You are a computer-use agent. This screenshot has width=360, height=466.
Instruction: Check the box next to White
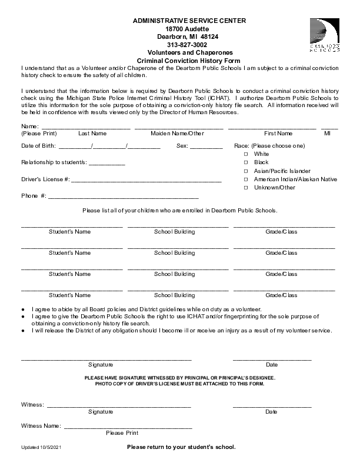(x=246, y=154)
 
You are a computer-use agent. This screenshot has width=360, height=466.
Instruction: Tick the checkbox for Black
(x=246, y=162)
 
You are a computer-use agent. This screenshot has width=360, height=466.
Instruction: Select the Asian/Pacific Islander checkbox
(x=246, y=171)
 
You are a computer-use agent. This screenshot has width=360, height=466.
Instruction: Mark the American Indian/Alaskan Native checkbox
(x=246, y=179)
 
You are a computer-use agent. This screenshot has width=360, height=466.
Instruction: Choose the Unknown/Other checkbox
(x=246, y=188)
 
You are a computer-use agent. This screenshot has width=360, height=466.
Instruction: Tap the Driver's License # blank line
(x=146, y=180)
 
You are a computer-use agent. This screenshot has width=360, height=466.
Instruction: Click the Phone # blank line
(x=124, y=197)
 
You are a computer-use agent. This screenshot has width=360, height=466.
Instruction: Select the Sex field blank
(x=206, y=147)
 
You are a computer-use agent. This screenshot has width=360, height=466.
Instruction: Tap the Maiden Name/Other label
(x=177, y=134)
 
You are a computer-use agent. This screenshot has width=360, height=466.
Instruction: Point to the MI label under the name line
(x=328, y=134)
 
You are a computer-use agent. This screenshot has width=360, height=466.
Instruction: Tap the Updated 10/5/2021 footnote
(x=41, y=448)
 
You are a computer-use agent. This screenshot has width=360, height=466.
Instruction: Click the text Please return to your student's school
(x=181, y=447)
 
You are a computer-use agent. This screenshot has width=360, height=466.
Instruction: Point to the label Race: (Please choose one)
(x=269, y=145)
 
